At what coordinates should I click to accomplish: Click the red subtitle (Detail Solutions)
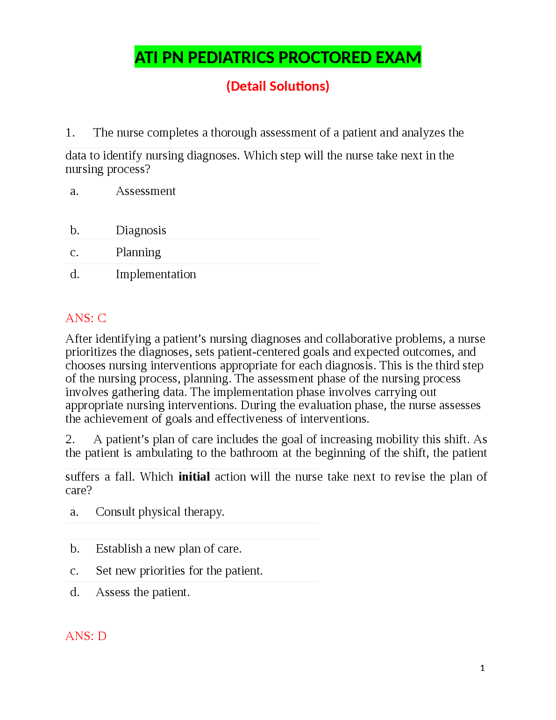pos(278,86)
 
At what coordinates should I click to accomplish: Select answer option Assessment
pos(146,191)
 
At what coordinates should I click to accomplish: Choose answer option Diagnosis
pos(141,230)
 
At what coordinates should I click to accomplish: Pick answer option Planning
pos(138,252)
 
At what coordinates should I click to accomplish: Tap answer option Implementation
pos(156,274)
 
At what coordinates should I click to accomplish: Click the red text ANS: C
pos(86,318)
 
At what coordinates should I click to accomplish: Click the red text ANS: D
pos(86,636)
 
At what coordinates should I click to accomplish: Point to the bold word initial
pos(194,477)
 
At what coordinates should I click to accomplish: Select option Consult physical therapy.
pos(160,512)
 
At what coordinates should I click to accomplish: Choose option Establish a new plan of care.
pos(168,549)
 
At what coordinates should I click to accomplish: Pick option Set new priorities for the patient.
pos(179,571)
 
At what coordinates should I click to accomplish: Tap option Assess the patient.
pos(143,592)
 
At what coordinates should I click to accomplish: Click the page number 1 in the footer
pos(482,668)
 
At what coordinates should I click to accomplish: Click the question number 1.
pos(70,133)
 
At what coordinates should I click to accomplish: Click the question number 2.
pos(70,439)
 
